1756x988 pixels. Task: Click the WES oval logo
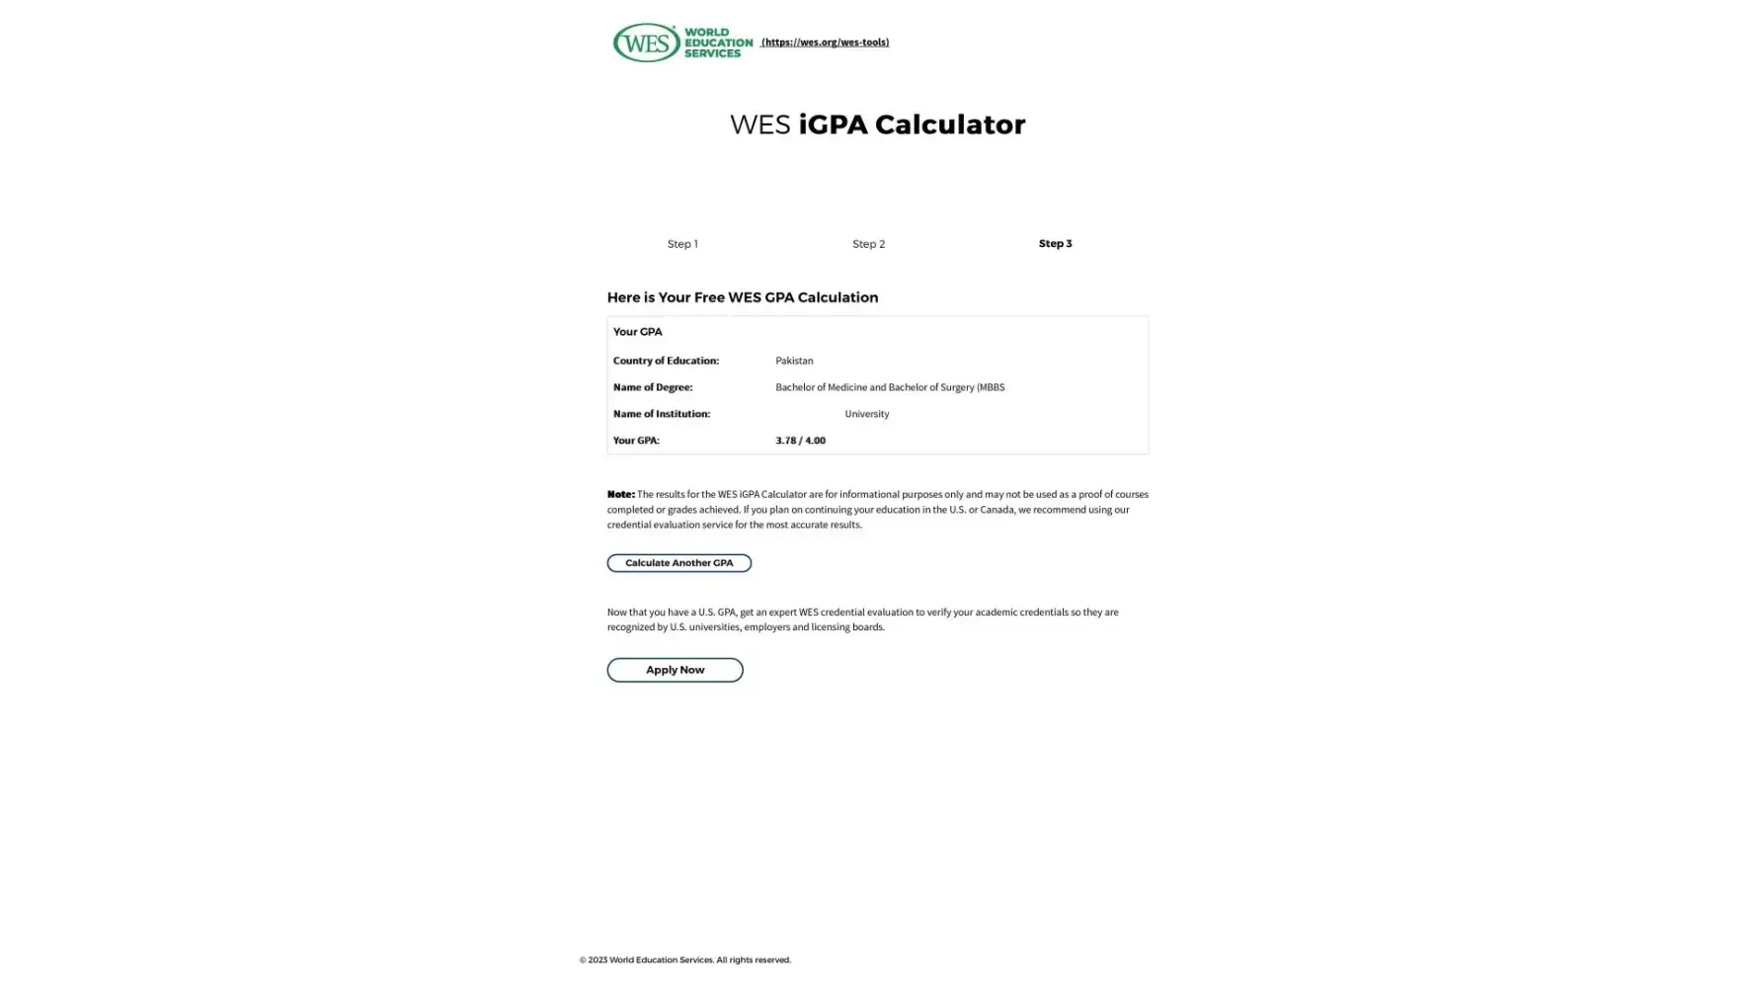[x=647, y=42]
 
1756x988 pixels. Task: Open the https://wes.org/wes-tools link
[x=825, y=42]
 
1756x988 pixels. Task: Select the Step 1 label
[x=681, y=244]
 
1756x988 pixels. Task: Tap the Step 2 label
[x=868, y=244]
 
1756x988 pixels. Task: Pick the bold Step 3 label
[x=1055, y=243]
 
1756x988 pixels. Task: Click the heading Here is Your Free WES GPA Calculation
[x=742, y=297]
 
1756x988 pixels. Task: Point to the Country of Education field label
[x=666, y=361]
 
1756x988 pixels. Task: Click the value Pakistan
[x=794, y=361]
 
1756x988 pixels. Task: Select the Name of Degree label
[x=653, y=387]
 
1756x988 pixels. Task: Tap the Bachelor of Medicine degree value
[x=889, y=387]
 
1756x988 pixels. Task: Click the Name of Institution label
[x=661, y=414]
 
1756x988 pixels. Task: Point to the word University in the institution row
[x=866, y=414]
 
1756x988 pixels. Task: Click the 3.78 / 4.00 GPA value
[x=800, y=441]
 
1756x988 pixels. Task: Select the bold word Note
[x=620, y=494]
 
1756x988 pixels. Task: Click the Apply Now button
[x=675, y=670]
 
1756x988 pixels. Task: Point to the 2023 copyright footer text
[x=684, y=959]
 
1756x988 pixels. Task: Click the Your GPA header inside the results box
[x=637, y=332]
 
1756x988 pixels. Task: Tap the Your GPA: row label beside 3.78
[x=636, y=441]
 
